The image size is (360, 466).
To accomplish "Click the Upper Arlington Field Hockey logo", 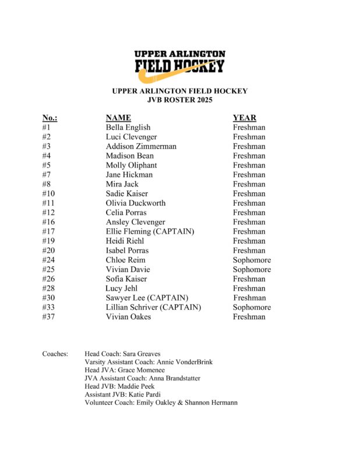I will click(180, 63).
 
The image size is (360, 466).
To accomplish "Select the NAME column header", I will click(118, 118).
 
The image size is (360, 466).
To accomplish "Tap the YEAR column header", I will click(244, 118).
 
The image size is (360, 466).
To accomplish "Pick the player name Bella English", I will click(128, 127).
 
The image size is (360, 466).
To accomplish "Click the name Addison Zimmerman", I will click(141, 146).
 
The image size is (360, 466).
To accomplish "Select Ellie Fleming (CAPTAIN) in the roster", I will click(150, 231).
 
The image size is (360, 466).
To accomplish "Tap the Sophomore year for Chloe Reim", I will click(252, 260).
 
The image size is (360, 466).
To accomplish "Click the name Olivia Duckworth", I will click(136, 203).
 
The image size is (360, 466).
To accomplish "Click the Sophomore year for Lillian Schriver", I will click(252, 307).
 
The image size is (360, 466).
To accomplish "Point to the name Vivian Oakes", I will click(128, 317).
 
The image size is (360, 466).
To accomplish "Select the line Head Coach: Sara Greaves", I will click(122, 354).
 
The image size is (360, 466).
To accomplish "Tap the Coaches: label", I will click(55, 354).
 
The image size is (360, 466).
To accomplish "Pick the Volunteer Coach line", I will click(161, 403).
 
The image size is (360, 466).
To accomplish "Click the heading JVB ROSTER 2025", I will click(179, 100).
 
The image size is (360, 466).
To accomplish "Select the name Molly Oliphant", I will click(131, 165).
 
